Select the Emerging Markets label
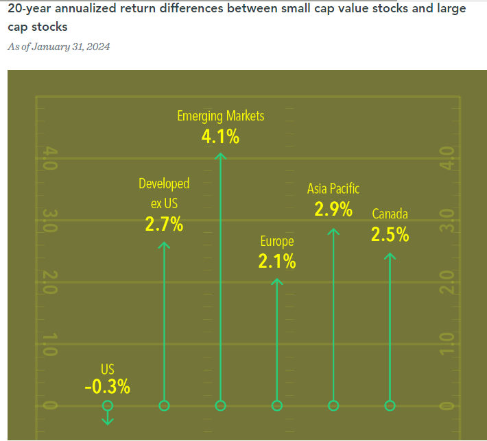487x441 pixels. (220, 116)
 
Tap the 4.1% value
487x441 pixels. (220, 137)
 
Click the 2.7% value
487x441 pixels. (164, 223)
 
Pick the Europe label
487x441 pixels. (277, 241)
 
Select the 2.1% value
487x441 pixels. (277, 260)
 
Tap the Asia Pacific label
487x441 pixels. (333, 188)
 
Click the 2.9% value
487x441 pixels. (333, 209)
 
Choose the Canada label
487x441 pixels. (390, 214)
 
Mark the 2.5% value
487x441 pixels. (390, 235)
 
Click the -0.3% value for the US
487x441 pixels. (107, 387)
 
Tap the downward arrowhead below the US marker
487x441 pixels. (107, 419)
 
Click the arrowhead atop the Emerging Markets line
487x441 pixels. (220, 156)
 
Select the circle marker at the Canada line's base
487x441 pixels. (390, 405)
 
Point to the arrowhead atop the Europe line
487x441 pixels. (277, 281)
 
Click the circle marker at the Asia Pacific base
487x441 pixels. (333, 405)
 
